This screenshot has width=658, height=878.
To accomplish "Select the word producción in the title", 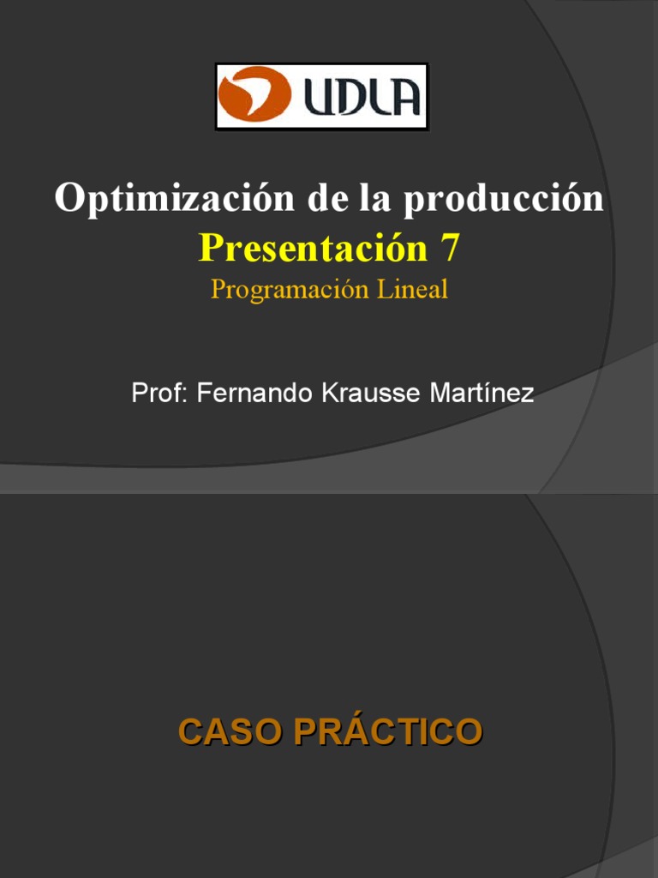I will click(504, 199).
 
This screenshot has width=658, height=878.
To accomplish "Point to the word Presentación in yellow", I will click(313, 248).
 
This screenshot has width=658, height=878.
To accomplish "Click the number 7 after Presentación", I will click(450, 248).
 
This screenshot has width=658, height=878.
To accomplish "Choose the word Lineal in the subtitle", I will click(414, 289).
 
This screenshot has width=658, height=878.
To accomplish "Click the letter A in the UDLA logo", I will click(403, 97).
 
